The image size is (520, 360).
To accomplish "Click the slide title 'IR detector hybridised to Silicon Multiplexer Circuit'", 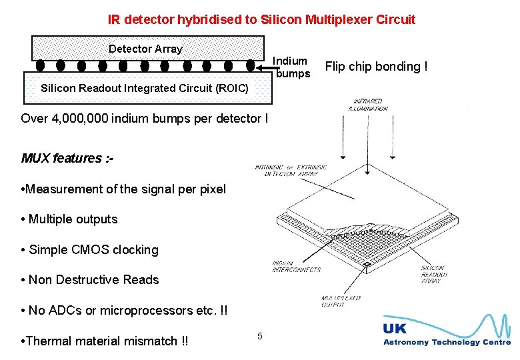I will click(261, 19).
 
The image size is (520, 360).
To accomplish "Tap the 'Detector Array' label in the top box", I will click(145, 49).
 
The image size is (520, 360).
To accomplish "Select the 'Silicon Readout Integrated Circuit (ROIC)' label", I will click(145, 88).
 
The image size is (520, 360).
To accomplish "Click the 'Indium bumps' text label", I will click(291, 67).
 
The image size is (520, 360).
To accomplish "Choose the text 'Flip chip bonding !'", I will click(376, 66).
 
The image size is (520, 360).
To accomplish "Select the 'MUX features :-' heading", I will click(67, 158).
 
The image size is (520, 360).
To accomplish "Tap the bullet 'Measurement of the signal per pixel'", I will click(124, 189).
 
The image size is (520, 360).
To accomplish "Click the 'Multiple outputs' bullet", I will click(69, 219).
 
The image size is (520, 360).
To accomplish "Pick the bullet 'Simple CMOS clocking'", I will click(90, 250).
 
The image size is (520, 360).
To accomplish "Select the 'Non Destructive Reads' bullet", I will click(90, 280).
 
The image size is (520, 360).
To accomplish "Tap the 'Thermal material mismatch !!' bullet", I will click(105, 341).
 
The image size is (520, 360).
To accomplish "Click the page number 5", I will click(260, 335).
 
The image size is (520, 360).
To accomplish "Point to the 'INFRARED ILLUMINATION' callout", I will click(371, 105).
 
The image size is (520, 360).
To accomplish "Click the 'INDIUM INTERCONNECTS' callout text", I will click(296, 267).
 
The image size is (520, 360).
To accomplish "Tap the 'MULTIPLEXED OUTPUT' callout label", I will click(341, 302).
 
